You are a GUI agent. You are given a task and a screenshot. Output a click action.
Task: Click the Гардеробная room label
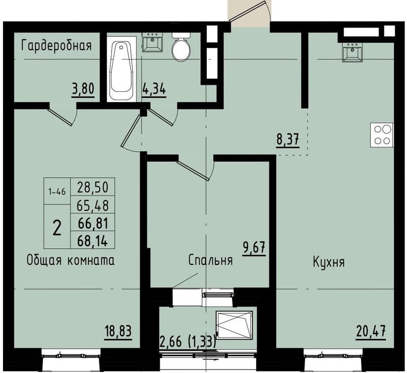[x=57, y=46]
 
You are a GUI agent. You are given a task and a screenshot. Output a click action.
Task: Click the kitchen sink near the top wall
[x=353, y=53]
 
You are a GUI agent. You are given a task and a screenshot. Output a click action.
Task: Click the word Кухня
[x=328, y=262]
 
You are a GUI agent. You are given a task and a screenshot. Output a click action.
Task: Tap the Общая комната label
[x=70, y=260]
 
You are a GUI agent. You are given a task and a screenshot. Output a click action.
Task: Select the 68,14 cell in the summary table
[x=93, y=240]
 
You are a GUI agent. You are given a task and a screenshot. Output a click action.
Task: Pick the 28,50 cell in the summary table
[x=93, y=187]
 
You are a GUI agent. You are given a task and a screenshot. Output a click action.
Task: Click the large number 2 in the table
[x=57, y=228]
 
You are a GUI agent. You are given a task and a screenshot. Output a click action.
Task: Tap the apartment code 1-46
[x=57, y=191]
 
